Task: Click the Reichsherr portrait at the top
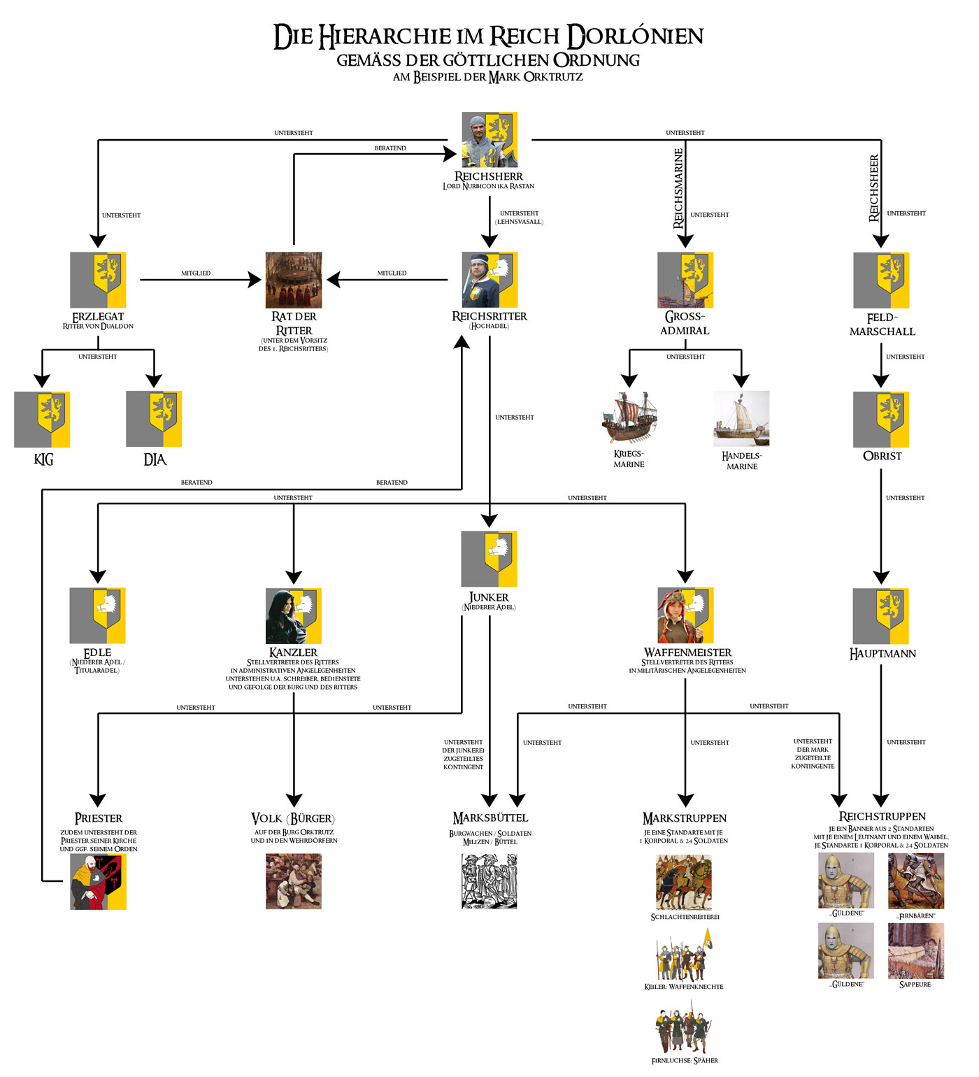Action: [x=489, y=140]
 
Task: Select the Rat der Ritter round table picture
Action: [x=294, y=280]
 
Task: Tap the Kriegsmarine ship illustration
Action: [x=629, y=418]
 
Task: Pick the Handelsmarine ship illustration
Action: [x=741, y=419]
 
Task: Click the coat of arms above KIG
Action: [x=42, y=419]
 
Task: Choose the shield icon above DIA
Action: [x=154, y=419]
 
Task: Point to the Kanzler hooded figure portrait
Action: [x=294, y=615]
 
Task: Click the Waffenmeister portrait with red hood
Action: [x=685, y=615]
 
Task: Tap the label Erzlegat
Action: [x=98, y=317]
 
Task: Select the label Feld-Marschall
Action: [x=882, y=324]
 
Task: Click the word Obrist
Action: [x=882, y=456]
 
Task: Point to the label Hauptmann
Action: [x=882, y=654]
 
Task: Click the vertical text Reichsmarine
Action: [x=678, y=188]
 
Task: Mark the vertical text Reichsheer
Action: [x=873, y=188]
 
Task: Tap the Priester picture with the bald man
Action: [x=98, y=881]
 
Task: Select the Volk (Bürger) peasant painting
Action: [x=294, y=881]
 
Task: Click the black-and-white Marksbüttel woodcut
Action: [x=489, y=881]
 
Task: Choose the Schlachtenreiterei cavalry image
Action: [x=684, y=882]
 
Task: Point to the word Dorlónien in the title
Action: [x=635, y=36]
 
